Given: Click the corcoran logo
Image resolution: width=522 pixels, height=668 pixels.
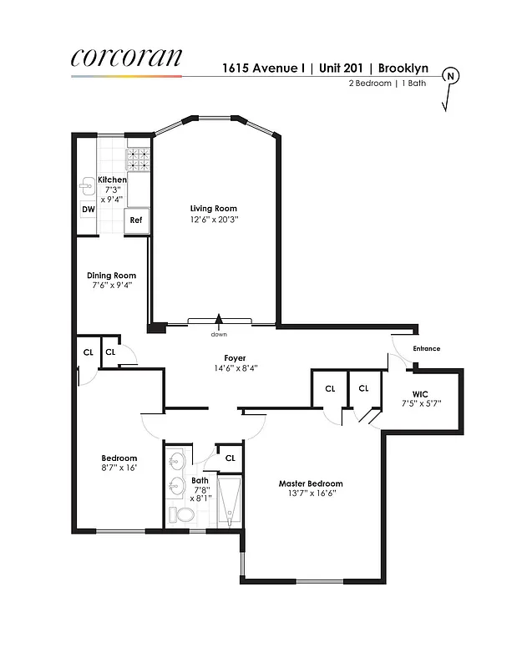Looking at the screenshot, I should [125, 57].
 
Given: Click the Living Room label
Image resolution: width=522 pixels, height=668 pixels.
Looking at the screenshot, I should [213, 209].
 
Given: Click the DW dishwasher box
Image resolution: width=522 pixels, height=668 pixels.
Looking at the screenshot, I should [87, 209].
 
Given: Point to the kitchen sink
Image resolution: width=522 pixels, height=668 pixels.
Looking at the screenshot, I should [89, 186].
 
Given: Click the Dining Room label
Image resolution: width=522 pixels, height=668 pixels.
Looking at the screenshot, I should [111, 276].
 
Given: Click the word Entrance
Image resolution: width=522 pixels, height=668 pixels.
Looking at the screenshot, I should [426, 348].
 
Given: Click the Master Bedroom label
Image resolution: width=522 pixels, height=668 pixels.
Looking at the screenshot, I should [311, 483].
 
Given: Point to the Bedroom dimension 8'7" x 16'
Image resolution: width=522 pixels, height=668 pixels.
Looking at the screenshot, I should [119, 468].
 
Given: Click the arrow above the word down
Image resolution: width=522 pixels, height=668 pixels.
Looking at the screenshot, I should [219, 318].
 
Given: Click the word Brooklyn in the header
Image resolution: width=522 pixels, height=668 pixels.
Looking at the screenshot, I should [405, 68].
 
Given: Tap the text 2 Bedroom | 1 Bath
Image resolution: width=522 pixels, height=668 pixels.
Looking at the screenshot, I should [392, 83].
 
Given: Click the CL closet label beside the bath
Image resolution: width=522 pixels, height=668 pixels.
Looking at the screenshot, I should [230, 458].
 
